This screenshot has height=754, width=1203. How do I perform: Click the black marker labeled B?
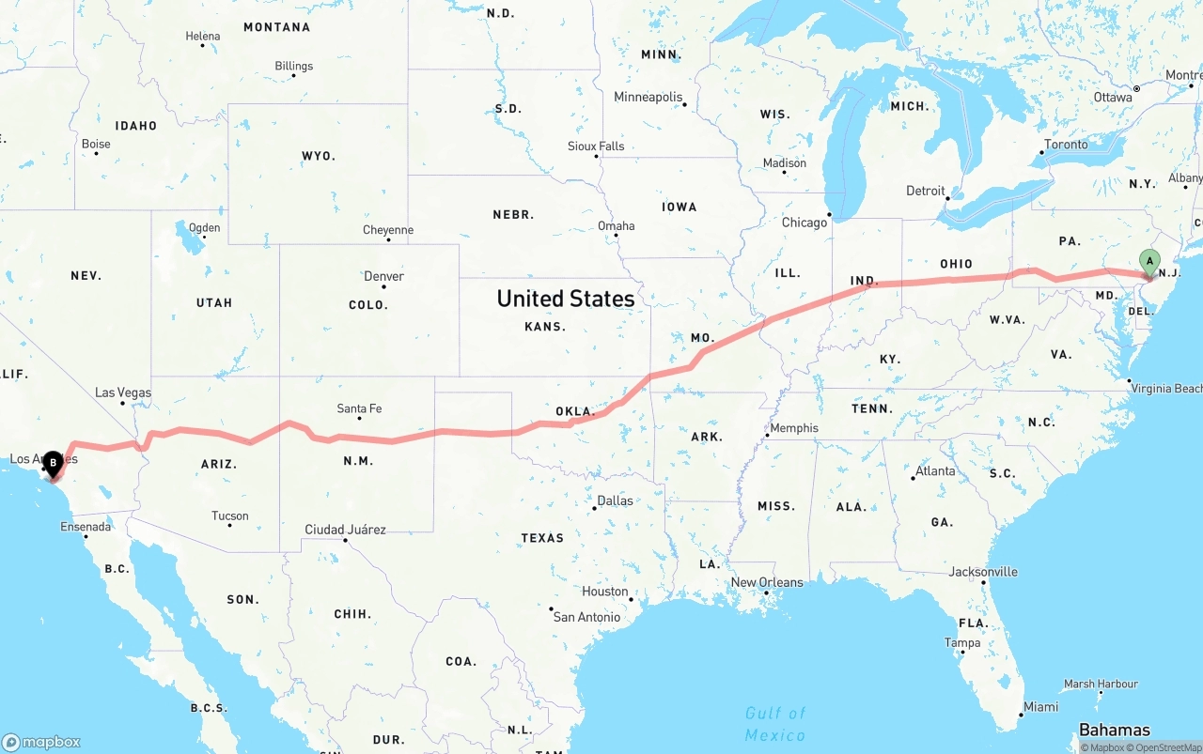(54, 463)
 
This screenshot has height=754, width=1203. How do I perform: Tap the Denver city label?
(383, 276)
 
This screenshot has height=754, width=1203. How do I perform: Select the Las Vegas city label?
(123, 392)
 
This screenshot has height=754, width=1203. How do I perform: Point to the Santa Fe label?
(359, 408)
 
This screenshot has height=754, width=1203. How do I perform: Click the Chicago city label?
(804, 223)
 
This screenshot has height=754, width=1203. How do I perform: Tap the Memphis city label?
(794, 428)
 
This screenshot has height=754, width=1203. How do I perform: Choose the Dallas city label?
(615, 500)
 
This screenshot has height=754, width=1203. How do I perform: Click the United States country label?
(565, 299)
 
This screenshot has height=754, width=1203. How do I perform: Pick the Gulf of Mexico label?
(775, 724)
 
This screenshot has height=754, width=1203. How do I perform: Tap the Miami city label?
(1040, 707)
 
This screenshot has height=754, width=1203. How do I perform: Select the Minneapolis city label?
(648, 97)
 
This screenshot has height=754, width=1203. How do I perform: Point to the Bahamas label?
(1114, 730)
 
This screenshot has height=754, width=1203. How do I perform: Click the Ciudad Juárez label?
(345, 530)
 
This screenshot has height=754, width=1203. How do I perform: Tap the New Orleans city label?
(767, 582)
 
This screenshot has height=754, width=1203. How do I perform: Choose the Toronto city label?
(1066, 145)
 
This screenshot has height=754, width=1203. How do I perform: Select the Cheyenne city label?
(387, 230)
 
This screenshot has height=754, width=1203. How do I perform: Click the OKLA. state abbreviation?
(574, 411)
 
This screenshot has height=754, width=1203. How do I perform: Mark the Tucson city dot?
(229, 524)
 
